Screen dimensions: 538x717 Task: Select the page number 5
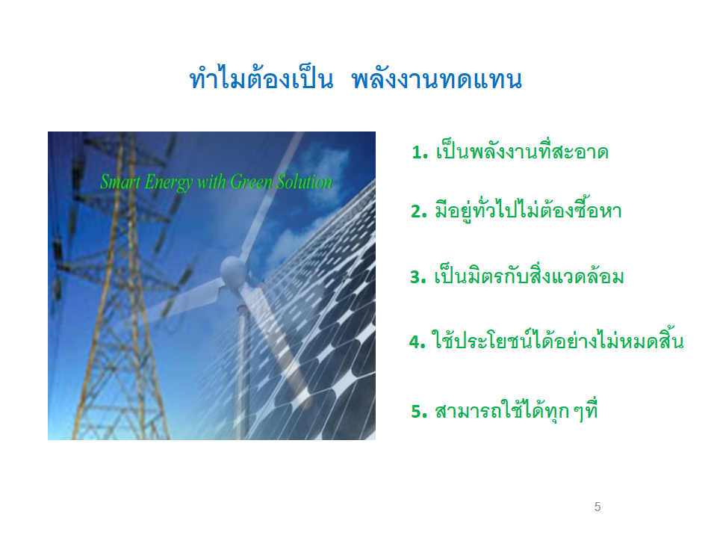pos(597,507)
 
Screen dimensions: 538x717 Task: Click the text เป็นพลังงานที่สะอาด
pos(521,152)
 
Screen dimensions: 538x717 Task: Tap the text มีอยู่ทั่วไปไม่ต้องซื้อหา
pos(528,211)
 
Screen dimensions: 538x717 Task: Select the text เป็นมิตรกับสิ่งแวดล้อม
pos(528,276)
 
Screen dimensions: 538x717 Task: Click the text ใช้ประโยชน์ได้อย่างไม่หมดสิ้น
pos(557,341)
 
